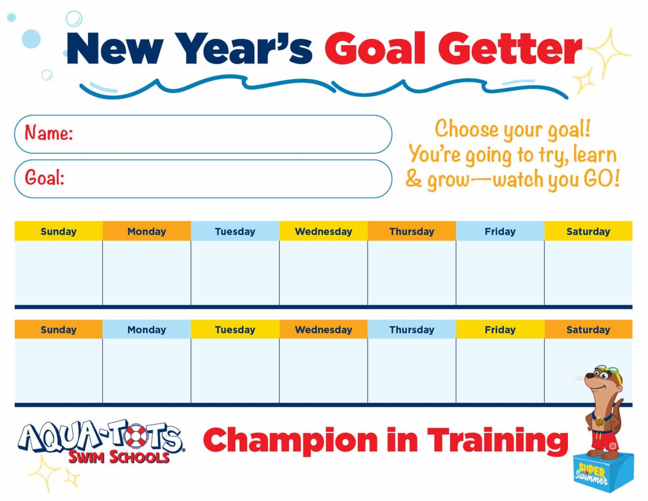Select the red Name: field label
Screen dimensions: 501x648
click(x=49, y=133)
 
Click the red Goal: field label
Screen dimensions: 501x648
click(x=44, y=178)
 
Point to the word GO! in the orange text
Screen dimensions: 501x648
click(x=602, y=179)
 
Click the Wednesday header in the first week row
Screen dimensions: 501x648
click(x=323, y=231)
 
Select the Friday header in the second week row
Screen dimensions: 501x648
click(x=500, y=330)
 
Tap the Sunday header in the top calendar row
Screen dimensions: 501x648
click(x=58, y=231)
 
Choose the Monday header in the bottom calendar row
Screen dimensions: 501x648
click(x=146, y=330)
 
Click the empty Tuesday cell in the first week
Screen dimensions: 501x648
click(x=235, y=273)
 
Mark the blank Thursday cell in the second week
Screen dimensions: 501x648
click(x=411, y=371)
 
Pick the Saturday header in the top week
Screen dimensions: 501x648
click(x=588, y=231)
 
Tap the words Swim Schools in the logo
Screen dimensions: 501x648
click(x=119, y=457)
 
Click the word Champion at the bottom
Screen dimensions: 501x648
click(x=290, y=440)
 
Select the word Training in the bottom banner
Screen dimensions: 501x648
click(x=498, y=440)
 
